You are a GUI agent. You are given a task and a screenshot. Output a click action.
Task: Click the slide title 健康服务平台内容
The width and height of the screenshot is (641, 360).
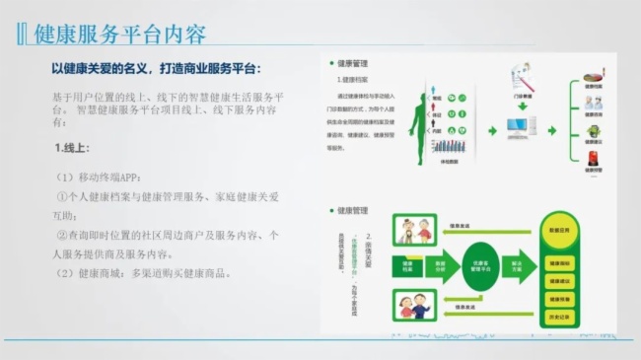pos(119,34)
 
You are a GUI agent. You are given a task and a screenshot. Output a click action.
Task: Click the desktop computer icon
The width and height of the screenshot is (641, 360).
pos(517,127)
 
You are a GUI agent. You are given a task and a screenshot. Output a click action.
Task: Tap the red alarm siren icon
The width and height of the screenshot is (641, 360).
pos(592,158)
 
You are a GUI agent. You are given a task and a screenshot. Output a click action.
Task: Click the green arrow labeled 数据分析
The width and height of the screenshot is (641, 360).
pos(445,265)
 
